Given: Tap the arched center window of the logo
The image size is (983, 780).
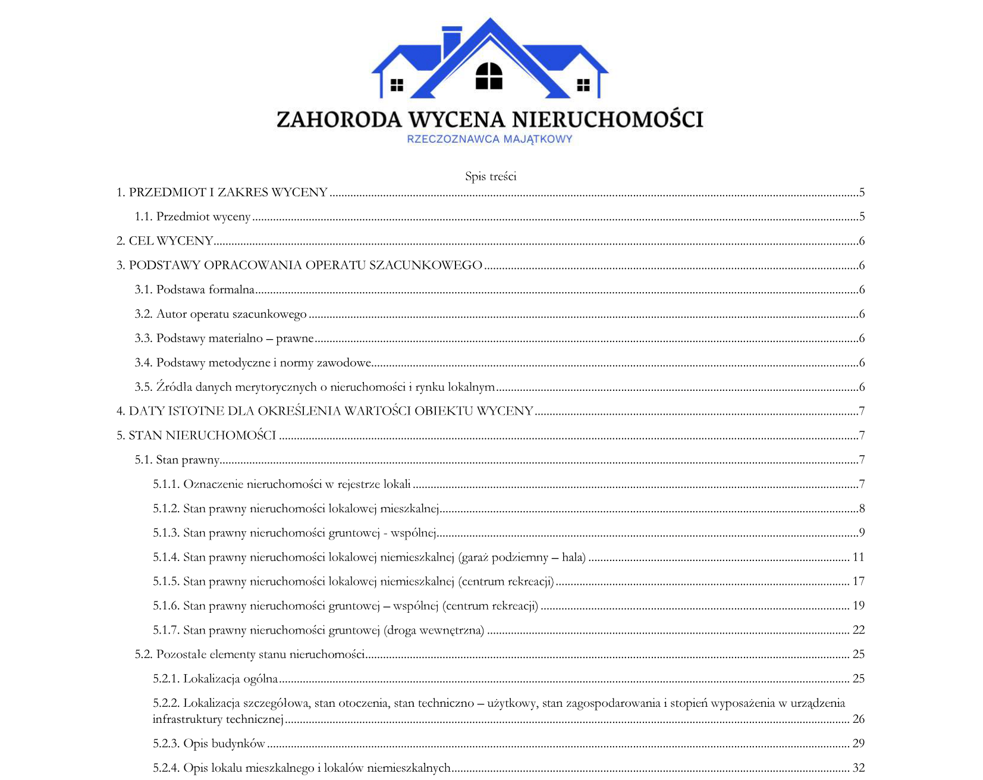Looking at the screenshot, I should point(489,76).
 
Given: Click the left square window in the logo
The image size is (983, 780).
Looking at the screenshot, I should point(397,85).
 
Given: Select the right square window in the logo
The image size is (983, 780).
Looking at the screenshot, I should point(583,85).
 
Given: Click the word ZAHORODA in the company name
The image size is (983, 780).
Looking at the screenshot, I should point(339,120).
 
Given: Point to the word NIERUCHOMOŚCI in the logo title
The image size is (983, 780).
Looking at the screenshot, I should point(607,120).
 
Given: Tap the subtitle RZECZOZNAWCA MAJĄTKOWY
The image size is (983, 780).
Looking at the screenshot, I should point(489,139).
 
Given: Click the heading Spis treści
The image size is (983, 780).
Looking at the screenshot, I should point(491,176).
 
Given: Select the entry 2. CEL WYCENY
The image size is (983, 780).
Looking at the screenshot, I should point(165,241).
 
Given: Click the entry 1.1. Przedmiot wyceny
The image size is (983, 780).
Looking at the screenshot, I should point(192,217).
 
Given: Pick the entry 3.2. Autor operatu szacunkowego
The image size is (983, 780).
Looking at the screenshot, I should point(221,314).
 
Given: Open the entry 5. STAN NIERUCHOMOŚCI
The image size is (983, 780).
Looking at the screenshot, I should point(196,436).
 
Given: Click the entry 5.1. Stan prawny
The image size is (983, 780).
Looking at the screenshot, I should point(177,460).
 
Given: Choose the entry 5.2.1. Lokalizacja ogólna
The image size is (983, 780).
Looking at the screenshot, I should point(215,679).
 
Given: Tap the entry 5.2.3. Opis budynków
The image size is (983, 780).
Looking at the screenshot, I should point(209,744).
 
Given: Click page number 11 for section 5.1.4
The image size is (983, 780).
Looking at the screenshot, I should point(858,557).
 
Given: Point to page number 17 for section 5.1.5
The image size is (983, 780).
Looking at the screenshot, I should point(858,581).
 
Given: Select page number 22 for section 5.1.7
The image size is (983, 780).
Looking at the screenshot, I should point(858,630).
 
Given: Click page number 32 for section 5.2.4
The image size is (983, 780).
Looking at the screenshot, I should point(858,768).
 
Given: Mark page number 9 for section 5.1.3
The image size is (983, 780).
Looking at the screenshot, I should point(862,532).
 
